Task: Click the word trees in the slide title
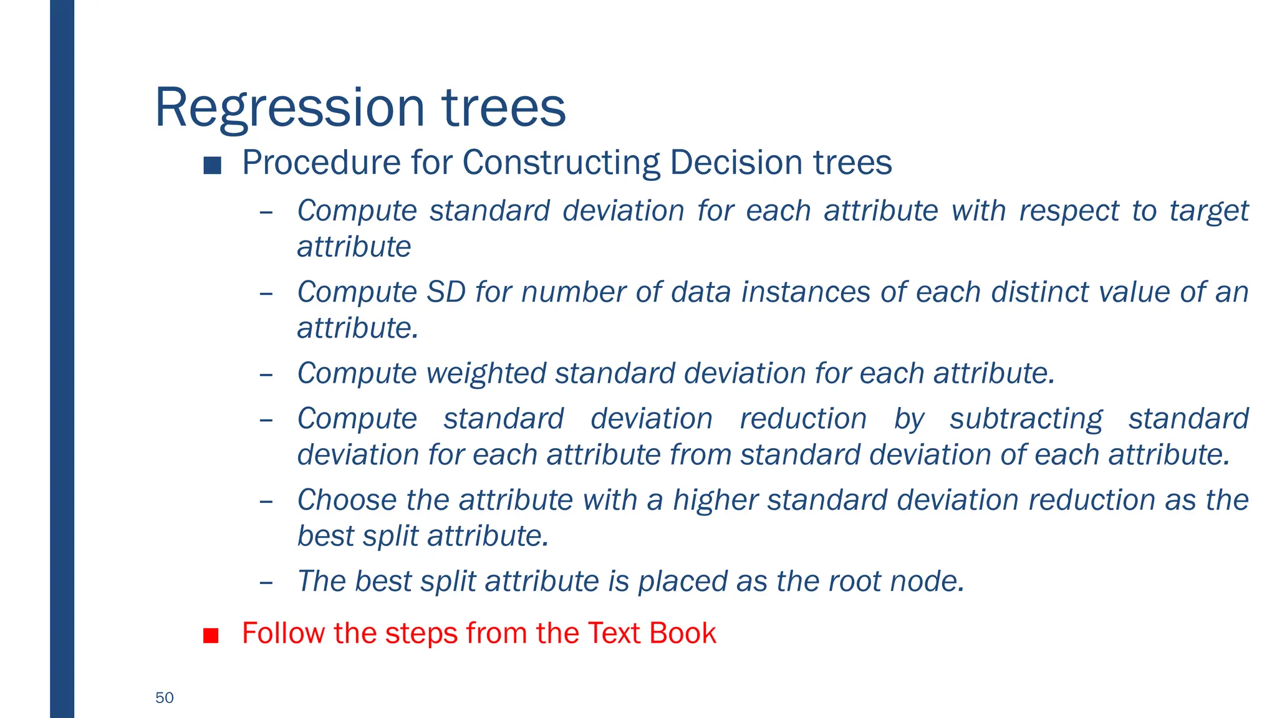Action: click(x=504, y=108)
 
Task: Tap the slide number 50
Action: click(x=165, y=697)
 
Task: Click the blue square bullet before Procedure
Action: click(x=212, y=165)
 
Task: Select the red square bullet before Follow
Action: click(x=211, y=635)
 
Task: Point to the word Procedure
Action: click(x=321, y=163)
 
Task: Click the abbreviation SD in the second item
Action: click(x=446, y=292)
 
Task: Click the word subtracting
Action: click(x=1026, y=419)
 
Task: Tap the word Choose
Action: click(x=347, y=500)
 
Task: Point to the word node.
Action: click(x=927, y=581)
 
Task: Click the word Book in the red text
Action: click(x=682, y=633)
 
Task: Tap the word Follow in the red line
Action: click(x=283, y=633)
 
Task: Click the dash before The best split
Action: click(x=266, y=583)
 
